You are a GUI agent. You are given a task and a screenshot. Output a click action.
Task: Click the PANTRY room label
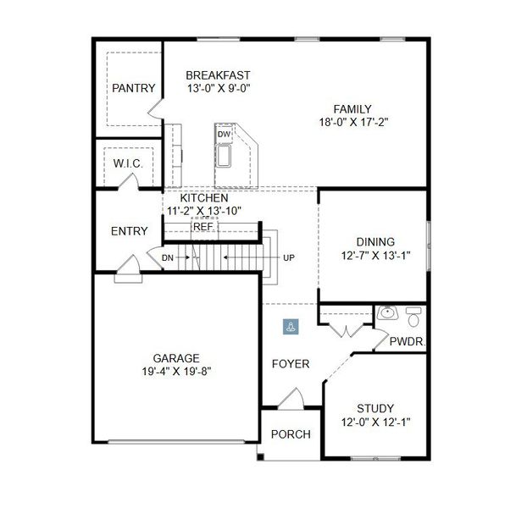pos(134,88)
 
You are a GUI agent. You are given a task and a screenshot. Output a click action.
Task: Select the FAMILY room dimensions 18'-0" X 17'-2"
pos(352,122)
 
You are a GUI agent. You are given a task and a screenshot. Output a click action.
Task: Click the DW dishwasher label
pos(224,135)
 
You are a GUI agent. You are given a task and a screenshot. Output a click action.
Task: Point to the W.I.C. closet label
pos(128,163)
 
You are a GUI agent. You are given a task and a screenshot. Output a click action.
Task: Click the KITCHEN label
pos(203,197)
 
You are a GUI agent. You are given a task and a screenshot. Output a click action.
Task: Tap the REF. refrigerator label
pos(203,227)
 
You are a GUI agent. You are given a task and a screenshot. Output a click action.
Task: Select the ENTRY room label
pos(130,231)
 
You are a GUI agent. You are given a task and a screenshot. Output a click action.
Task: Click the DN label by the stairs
pos(168,256)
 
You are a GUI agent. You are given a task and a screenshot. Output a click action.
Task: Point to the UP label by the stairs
pos(289,257)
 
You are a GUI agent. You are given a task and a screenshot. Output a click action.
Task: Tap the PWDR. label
pos(407,341)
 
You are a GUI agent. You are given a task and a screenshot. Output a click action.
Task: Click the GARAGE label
pos(176,357)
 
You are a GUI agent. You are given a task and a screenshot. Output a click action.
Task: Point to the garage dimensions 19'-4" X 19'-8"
pos(176,371)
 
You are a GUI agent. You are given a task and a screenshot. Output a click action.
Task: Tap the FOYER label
pos(290,364)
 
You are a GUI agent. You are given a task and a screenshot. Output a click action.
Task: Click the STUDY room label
pos(374,408)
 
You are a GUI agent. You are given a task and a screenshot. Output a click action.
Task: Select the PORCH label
pos(290,434)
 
